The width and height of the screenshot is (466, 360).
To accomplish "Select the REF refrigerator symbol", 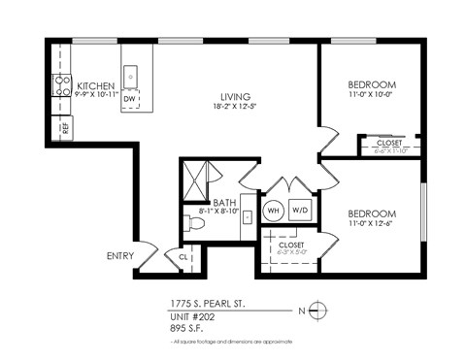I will [65, 126].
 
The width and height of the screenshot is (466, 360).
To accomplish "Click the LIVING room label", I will [235, 97].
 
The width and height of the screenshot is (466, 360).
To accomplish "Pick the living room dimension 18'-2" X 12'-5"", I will [235, 108].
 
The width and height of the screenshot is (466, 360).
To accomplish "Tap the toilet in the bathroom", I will [194, 223].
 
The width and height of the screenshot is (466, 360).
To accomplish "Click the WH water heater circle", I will [274, 211].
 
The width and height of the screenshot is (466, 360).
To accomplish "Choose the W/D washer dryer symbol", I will [300, 211].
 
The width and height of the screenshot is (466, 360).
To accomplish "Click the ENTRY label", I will [120, 257].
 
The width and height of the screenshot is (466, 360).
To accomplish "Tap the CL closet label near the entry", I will [183, 257].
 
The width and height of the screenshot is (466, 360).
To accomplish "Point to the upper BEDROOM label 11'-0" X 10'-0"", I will [372, 85].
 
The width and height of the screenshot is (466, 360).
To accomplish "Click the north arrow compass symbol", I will [321, 311].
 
